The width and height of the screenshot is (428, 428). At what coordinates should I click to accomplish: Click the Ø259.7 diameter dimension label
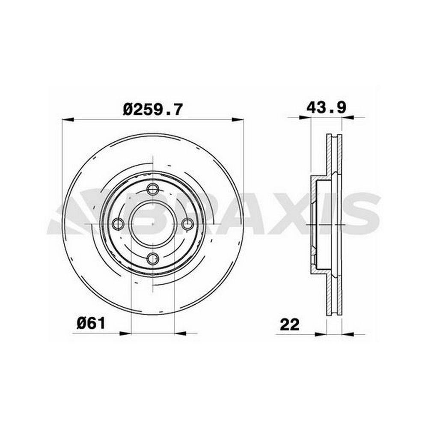pos(152,109)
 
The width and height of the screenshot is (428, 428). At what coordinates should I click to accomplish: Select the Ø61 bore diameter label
pos(91,324)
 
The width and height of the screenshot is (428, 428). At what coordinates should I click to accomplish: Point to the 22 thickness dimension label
pos(290,324)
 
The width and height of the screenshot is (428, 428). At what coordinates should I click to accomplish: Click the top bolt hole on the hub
pos(153,189)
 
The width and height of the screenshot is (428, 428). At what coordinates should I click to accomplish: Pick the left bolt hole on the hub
pos(118,224)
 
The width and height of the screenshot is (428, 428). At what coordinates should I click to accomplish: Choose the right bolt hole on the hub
pos(188,224)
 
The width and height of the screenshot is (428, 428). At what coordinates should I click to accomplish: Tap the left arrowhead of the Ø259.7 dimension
pos(68,119)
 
